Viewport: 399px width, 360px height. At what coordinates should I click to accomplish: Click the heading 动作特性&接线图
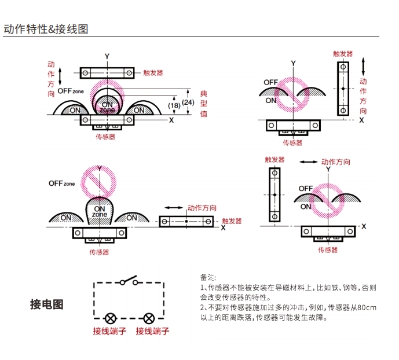46,29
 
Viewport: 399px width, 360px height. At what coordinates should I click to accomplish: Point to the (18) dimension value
174,105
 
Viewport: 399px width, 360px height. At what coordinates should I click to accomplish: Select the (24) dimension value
188,102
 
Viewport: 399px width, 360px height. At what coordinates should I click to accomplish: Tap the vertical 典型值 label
204,104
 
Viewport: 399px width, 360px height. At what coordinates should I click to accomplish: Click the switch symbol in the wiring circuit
129,280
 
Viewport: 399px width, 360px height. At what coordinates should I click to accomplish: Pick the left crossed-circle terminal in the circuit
111,318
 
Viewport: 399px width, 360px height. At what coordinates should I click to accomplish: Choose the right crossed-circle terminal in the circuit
149,318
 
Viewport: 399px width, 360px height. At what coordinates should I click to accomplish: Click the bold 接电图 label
46,304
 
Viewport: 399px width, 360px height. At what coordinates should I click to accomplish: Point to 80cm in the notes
367,308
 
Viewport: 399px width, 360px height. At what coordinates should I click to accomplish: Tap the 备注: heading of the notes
208,277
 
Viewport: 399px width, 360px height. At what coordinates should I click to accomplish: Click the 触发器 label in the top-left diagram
153,73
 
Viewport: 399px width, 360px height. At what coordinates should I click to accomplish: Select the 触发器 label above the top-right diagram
343,54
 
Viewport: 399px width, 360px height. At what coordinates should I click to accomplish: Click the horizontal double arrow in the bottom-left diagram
174,208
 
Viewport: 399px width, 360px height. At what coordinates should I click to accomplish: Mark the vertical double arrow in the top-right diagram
363,67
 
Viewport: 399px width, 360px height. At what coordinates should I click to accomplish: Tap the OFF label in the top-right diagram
271,82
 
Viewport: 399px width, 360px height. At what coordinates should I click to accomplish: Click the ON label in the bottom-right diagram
306,207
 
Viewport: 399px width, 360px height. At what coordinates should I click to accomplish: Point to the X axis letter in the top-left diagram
171,120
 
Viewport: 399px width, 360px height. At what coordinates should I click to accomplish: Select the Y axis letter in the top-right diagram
294,63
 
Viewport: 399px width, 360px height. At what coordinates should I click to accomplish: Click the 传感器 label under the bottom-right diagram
328,250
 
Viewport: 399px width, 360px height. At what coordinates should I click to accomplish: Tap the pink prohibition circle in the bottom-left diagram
98,183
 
